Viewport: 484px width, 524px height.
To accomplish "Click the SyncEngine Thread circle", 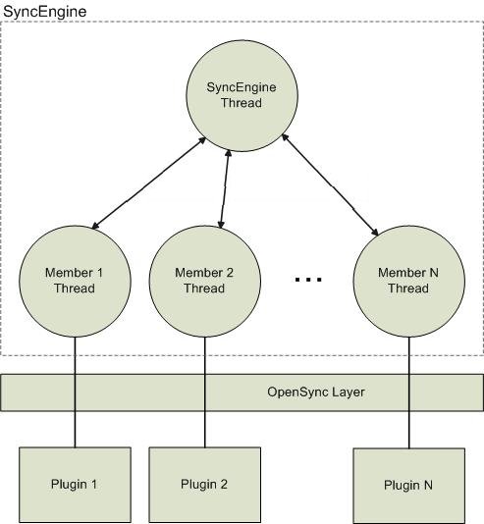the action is pyautogui.click(x=242, y=96).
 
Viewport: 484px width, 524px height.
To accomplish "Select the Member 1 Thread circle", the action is pyautogui.click(x=75, y=282).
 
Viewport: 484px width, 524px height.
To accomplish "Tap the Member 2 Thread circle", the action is pyautogui.click(x=204, y=282).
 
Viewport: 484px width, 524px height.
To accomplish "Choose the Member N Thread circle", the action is pyautogui.click(x=408, y=282).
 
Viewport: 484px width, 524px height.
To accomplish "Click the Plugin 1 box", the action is pyautogui.click(x=75, y=485).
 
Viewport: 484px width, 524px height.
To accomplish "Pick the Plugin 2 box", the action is pyautogui.click(x=204, y=485).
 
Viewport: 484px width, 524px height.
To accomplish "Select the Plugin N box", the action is pyautogui.click(x=408, y=486).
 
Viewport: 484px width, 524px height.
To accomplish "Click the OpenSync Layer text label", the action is pyautogui.click(x=316, y=392).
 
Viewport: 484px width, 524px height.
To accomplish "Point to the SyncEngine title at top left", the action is pyautogui.click(x=44, y=12).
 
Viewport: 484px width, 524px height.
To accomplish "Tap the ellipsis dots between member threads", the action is pyautogui.click(x=308, y=279).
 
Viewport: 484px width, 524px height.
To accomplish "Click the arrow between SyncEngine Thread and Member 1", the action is pyautogui.click(x=149, y=183).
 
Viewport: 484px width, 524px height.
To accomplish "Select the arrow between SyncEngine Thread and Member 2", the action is pyautogui.click(x=224, y=189).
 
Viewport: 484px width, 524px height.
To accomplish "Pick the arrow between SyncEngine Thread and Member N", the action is pyautogui.click(x=330, y=184).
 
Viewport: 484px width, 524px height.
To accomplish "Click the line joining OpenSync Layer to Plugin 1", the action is pyautogui.click(x=75, y=429).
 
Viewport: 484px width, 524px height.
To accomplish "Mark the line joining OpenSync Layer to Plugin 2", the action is pyautogui.click(x=204, y=429).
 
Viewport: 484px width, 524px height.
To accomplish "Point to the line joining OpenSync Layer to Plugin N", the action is pyautogui.click(x=408, y=430).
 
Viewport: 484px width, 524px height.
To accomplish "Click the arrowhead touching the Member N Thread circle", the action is pyautogui.click(x=375, y=232).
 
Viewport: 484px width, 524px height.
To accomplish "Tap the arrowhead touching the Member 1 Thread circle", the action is pyautogui.click(x=96, y=226).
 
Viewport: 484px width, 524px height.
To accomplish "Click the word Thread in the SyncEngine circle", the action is pyautogui.click(x=242, y=103).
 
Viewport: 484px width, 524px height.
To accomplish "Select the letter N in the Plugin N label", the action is pyautogui.click(x=428, y=485).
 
